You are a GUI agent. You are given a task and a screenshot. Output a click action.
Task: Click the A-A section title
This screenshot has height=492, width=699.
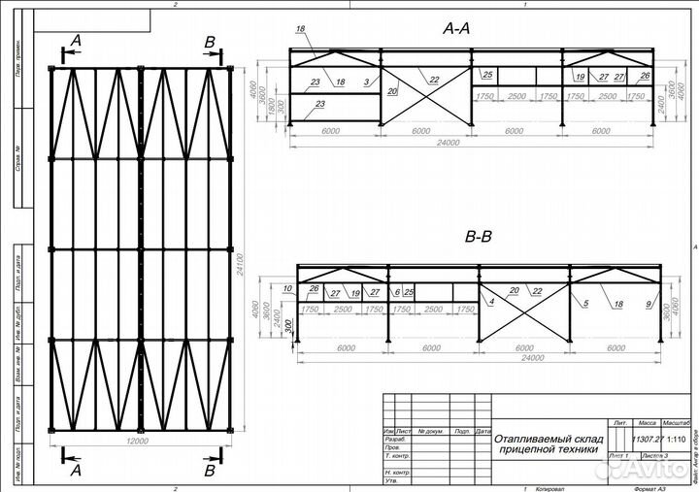[x=455, y=29]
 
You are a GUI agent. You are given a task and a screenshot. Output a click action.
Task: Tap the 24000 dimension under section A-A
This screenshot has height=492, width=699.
[x=448, y=143]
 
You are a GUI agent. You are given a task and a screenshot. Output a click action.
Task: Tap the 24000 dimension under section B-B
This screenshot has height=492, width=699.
[x=476, y=358]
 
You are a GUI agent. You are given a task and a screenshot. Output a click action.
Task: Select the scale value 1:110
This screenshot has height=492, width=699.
[x=677, y=439]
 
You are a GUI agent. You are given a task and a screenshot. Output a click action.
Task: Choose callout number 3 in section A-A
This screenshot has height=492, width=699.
[x=367, y=83]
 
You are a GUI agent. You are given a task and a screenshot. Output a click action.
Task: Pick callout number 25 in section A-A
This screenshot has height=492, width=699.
[x=487, y=75]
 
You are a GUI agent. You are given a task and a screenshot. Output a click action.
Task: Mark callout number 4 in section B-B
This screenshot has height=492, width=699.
[x=492, y=303]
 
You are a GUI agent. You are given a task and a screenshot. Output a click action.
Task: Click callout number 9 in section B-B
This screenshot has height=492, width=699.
[x=648, y=305]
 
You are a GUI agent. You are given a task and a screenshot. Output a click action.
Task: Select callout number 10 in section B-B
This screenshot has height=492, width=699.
[x=287, y=289]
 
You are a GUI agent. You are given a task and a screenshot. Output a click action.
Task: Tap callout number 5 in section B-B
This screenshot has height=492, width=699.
[x=586, y=303]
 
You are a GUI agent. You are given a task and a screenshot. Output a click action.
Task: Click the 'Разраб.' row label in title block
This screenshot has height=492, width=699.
[x=393, y=440]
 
